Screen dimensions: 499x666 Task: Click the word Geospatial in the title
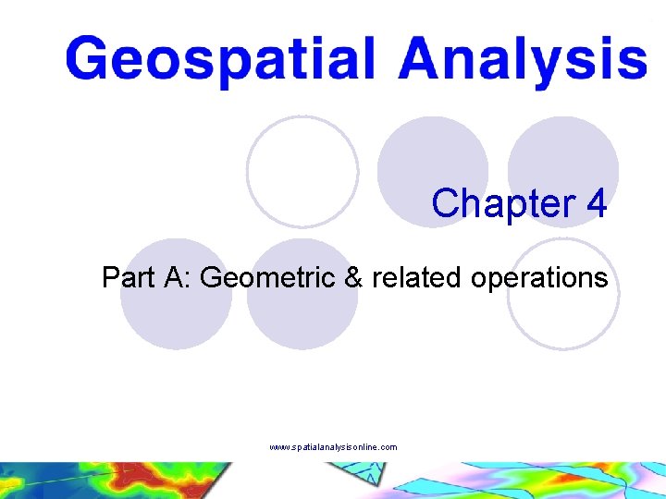click(221, 60)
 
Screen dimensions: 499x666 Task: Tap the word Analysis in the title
click(524, 60)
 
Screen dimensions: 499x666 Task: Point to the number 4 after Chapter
click(597, 203)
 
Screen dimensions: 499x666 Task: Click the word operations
click(536, 277)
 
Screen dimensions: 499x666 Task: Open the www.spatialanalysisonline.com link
click(333, 447)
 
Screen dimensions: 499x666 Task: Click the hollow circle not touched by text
click(302, 171)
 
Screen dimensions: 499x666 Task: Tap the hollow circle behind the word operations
click(563, 294)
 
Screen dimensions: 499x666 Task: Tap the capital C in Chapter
click(446, 203)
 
